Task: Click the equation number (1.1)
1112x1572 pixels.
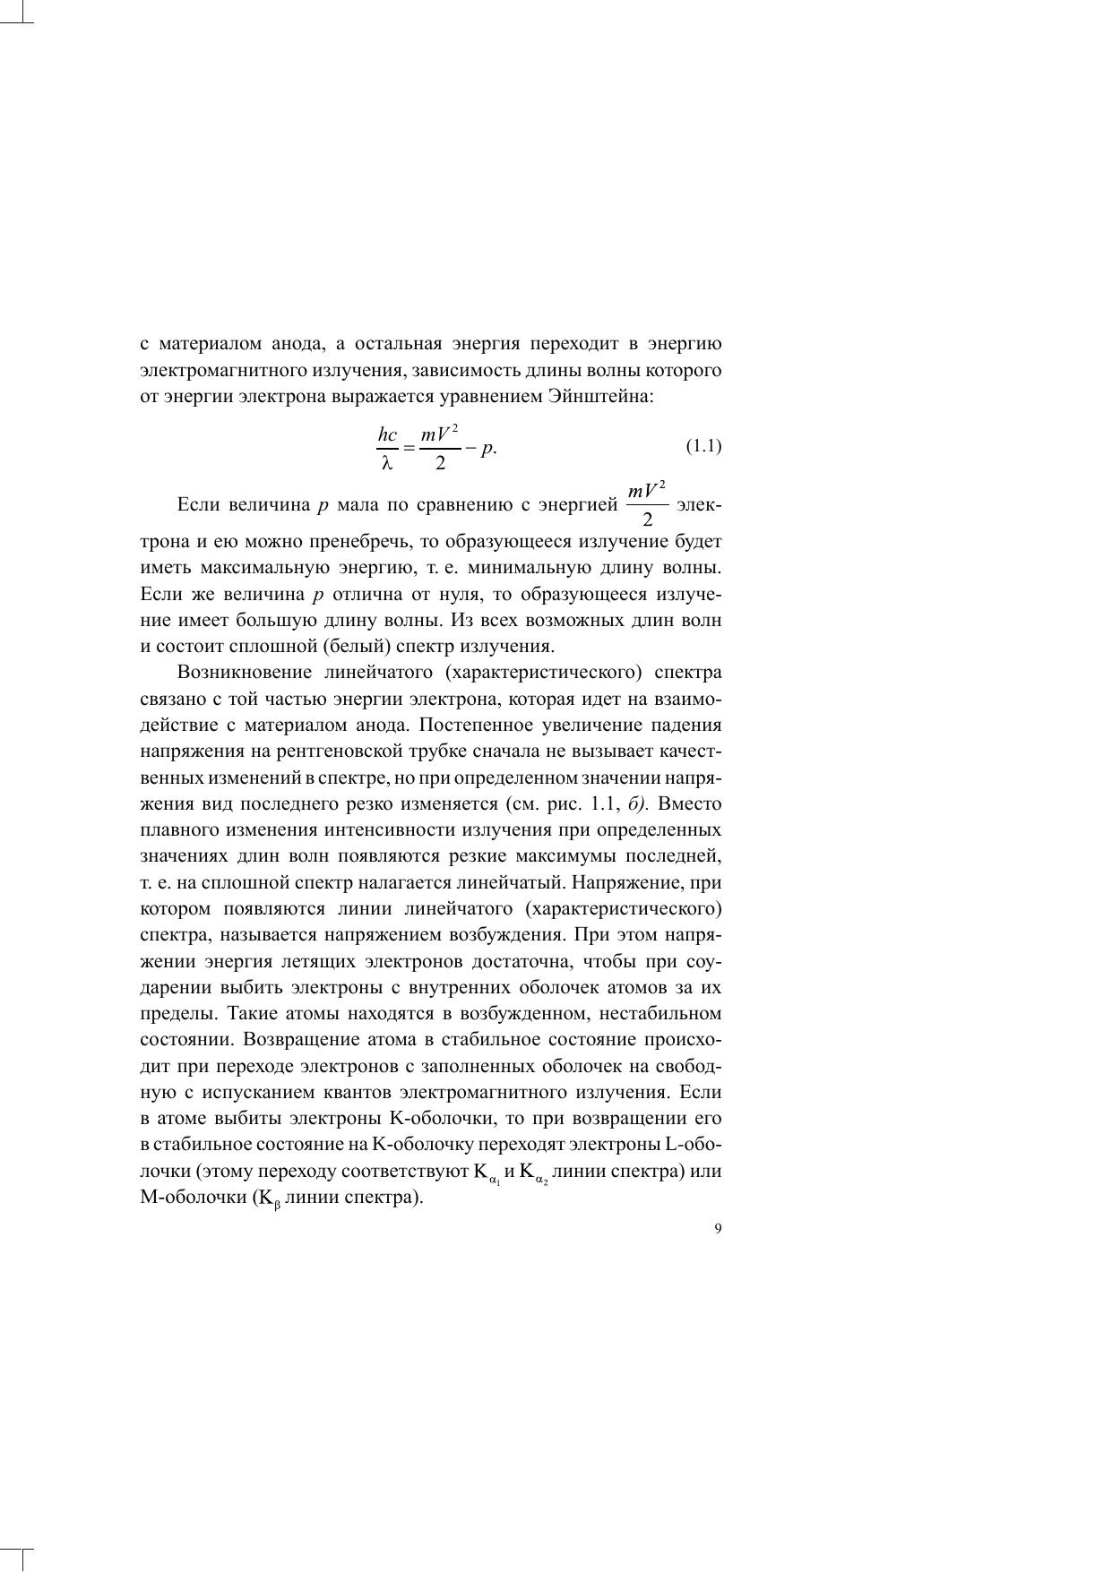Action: [703, 446]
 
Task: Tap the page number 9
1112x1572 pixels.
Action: [718, 1229]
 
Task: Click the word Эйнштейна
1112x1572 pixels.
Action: [610, 396]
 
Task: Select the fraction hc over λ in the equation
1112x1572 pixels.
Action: [387, 448]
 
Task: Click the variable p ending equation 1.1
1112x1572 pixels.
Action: [487, 449]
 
